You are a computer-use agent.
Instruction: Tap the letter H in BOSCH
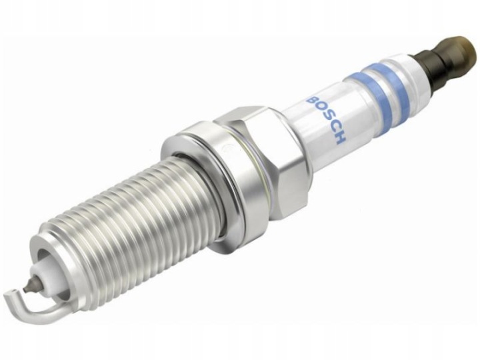pyautogui.click(x=339, y=137)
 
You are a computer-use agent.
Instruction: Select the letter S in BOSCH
pyautogui.click(x=325, y=118)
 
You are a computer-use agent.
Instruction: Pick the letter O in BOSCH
pyautogui.click(x=319, y=109)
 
